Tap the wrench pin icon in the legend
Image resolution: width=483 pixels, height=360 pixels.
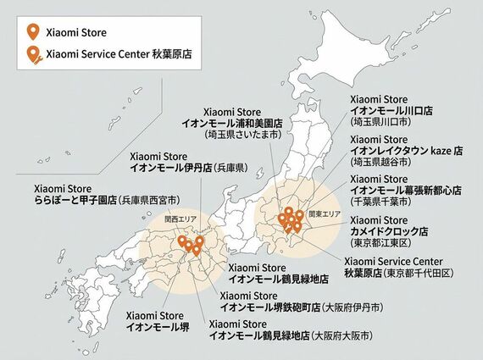click(x=32, y=57)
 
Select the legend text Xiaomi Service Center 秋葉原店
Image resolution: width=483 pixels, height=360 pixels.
click(x=118, y=57)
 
